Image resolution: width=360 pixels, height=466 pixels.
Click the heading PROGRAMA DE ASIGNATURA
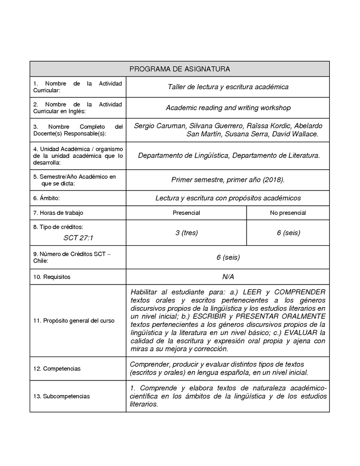click(x=180, y=69)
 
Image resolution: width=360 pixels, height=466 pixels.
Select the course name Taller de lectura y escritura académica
click(x=228, y=87)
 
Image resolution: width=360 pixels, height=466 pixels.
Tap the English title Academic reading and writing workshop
click(x=228, y=108)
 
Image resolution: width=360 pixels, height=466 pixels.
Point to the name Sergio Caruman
click(x=158, y=125)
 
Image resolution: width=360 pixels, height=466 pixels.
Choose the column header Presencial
click(x=186, y=213)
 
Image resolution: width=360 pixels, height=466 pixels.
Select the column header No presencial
click(x=288, y=213)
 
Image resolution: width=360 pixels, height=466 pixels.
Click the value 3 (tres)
click(x=186, y=233)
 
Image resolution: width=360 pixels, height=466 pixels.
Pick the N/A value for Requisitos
click(x=228, y=276)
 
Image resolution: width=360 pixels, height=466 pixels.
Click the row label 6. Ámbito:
click(x=46, y=198)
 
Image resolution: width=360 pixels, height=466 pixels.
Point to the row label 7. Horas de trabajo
click(x=58, y=213)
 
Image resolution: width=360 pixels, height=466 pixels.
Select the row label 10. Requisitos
click(x=52, y=276)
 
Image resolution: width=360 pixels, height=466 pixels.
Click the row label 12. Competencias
click(x=57, y=369)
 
